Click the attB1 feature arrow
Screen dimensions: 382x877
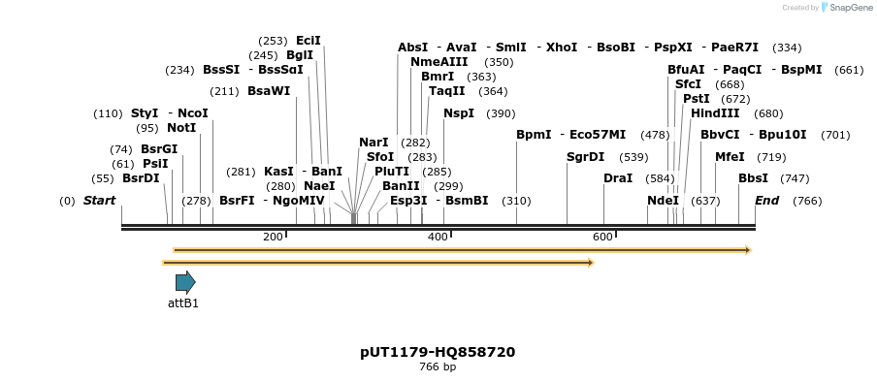185,282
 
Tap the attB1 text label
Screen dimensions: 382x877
183,303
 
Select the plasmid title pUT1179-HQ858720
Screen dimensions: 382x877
438,352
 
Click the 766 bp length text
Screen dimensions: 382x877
438,367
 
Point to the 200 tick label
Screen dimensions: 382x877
273,237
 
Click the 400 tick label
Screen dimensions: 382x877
438,237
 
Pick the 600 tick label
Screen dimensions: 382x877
602,237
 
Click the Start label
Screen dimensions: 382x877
99,201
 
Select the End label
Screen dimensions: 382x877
766,201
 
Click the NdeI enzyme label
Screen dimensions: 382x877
663,201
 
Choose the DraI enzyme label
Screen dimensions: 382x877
618,178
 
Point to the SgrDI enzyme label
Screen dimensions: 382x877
585,157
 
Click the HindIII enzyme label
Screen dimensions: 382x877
715,113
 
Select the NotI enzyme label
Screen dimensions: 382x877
181,128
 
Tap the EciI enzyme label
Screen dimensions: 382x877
309,41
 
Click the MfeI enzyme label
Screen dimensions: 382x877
730,157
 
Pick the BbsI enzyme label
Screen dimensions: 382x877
753,178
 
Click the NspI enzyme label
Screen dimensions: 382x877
459,113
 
